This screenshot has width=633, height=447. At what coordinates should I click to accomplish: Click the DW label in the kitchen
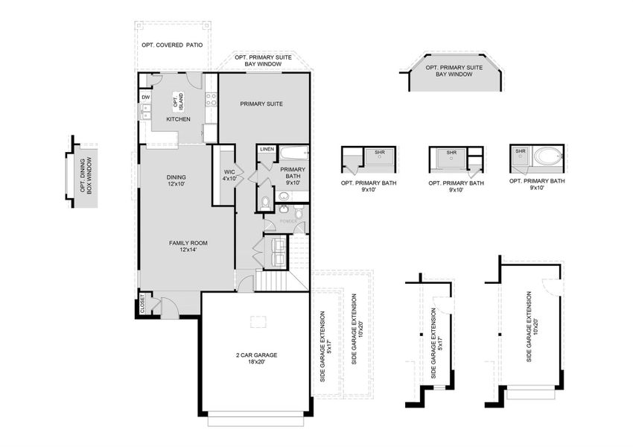[146, 98]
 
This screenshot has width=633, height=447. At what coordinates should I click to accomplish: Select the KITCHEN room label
[178, 119]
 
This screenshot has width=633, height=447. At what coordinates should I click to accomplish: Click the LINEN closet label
[267, 149]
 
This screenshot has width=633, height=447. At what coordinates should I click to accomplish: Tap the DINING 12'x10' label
[176, 180]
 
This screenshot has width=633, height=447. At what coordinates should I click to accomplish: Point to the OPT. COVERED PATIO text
[172, 45]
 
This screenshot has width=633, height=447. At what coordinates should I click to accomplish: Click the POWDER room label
[287, 221]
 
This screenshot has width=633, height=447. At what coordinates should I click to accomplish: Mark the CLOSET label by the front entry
[141, 304]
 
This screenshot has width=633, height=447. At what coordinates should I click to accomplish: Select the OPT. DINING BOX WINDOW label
[86, 174]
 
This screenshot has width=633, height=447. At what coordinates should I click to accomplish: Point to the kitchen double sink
[146, 113]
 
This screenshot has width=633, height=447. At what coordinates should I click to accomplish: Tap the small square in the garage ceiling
[258, 321]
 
